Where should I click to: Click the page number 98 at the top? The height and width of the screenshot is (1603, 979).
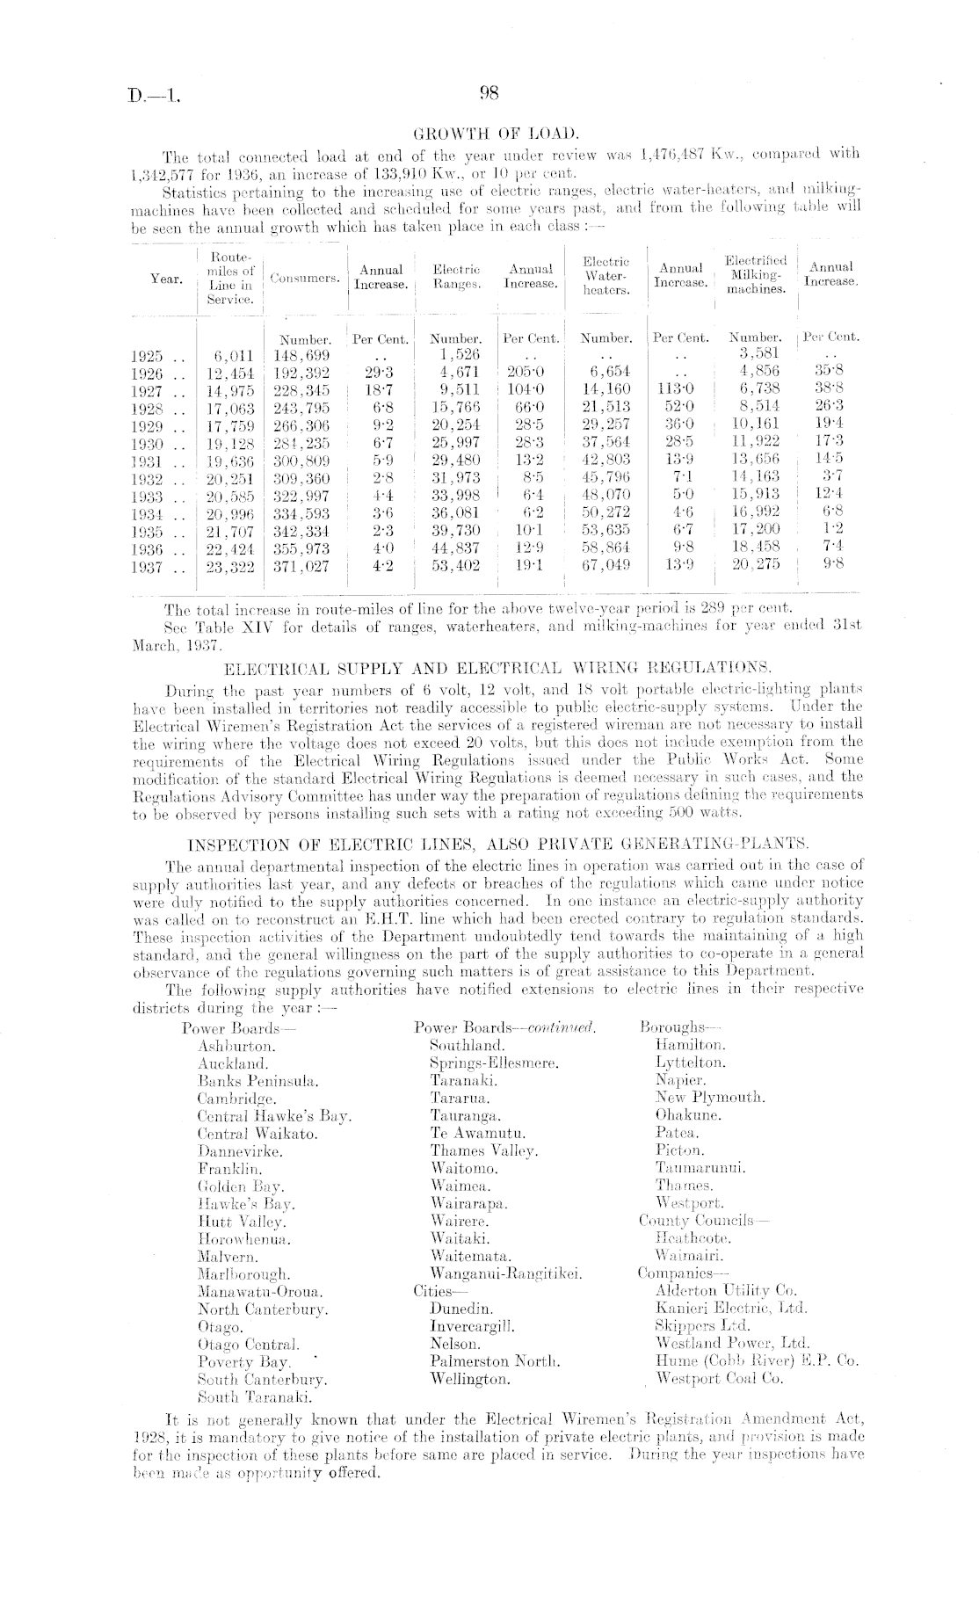(489, 94)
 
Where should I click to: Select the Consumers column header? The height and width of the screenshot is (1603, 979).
(305, 279)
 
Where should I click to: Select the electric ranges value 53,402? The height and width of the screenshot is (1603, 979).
(456, 567)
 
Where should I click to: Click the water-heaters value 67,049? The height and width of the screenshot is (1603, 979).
(606, 567)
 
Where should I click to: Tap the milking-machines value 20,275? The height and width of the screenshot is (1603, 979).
(755, 567)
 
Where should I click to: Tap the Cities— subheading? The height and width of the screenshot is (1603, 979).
(434, 1291)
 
